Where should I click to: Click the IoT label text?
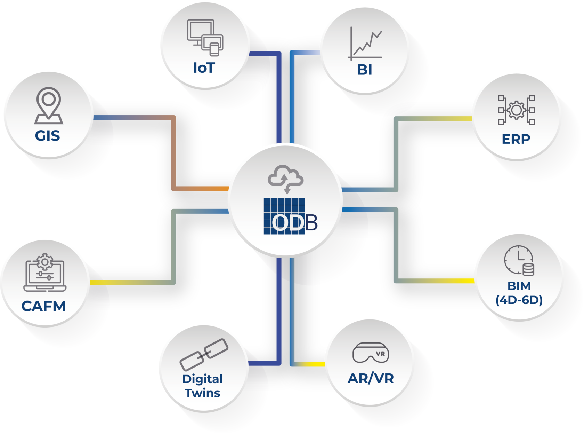point(204,68)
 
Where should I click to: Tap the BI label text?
point(364,70)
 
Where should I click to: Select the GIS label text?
point(48,136)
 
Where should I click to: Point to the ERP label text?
point(516,139)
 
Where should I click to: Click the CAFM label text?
point(44,306)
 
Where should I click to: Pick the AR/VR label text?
point(371,378)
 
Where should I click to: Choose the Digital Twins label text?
point(202,386)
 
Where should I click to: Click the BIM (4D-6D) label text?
point(519,293)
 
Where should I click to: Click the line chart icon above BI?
point(365,44)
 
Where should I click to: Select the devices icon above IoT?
point(205,38)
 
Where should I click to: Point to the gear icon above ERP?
point(516,110)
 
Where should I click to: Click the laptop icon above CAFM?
point(45,273)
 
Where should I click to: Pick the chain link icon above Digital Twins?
point(204,354)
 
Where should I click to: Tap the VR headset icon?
point(371,353)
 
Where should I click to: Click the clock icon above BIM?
point(519,260)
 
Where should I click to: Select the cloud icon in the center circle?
point(285,177)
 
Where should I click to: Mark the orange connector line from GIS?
point(173,153)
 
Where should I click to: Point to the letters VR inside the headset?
point(380,354)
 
